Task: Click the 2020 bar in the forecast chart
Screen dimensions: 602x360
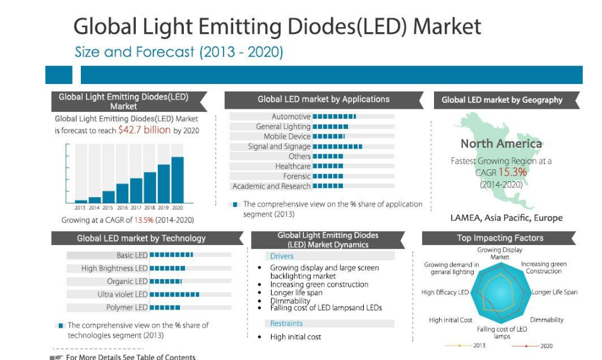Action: [x=178, y=179]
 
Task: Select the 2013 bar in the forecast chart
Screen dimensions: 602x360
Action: [x=81, y=201]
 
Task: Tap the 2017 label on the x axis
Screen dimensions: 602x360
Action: [x=136, y=208]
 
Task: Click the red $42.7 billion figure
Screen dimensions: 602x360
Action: [x=145, y=129]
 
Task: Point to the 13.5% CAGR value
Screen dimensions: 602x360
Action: [x=144, y=220]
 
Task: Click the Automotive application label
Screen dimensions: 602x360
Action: [x=291, y=116]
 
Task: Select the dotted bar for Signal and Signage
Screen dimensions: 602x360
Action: [x=337, y=147]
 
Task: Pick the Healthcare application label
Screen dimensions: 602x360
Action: [x=293, y=166]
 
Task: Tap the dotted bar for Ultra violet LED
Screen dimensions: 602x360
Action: [x=174, y=294]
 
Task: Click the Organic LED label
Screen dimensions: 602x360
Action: [x=128, y=281]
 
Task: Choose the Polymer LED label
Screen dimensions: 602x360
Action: [x=127, y=308]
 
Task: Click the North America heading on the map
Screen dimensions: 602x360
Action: [x=502, y=143]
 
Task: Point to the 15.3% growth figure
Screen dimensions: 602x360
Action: [x=512, y=172]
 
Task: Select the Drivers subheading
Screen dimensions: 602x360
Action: [x=282, y=256]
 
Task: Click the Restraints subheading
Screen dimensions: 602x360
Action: [x=286, y=323]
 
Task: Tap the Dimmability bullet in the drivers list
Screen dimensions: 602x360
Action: [x=290, y=301]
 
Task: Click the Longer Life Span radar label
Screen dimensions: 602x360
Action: [x=555, y=292]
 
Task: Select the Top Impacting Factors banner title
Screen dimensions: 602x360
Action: [x=500, y=238]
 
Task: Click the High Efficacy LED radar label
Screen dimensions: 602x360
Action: [x=445, y=292]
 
